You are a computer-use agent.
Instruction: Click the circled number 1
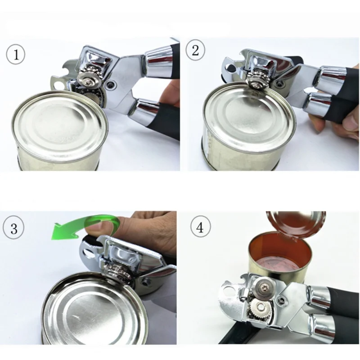(16, 54)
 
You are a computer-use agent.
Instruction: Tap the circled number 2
(195, 50)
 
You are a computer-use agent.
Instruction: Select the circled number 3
(13, 228)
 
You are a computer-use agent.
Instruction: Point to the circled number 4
(200, 227)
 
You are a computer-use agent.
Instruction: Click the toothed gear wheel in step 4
(260, 308)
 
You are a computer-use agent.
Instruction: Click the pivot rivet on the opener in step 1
(111, 85)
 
